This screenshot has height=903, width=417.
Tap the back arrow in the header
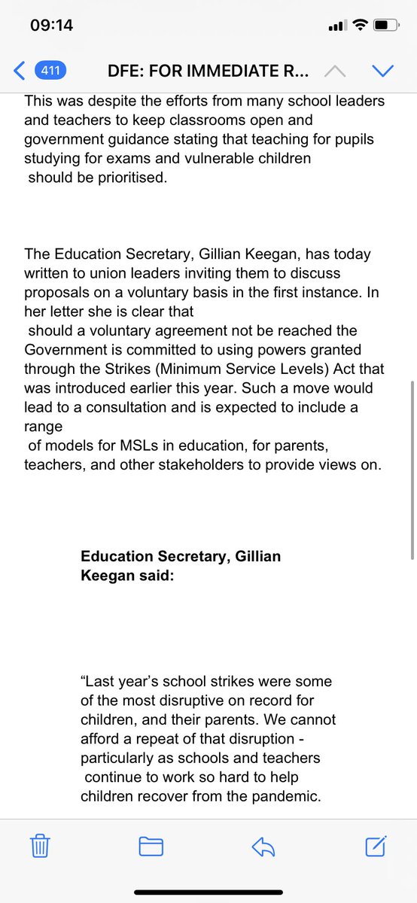pos(20,71)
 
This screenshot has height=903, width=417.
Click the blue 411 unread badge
pos(51,71)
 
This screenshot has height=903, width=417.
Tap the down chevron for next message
pos(383,71)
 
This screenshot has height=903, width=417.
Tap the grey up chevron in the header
pos(335,71)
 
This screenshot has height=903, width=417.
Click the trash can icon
pos(40,847)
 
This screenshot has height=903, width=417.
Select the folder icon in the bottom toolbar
pos(151,847)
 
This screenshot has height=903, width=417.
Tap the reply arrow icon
pos(263,847)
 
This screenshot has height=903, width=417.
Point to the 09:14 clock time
pos(51,25)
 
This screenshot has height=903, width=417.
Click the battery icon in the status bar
pos(386,25)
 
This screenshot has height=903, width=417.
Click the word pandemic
pos(282,795)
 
